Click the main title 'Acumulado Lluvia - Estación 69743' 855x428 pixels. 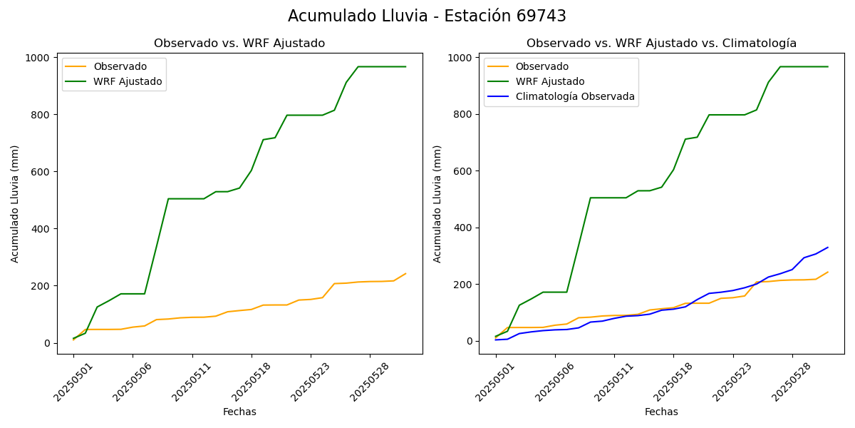click(427, 16)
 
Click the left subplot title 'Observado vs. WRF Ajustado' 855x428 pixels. click(239, 44)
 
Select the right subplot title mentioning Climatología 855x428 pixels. click(661, 44)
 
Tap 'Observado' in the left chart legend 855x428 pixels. click(120, 66)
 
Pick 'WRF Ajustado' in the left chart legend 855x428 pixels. click(128, 81)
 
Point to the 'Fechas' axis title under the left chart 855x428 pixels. click(239, 412)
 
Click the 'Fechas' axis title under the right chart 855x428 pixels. click(661, 412)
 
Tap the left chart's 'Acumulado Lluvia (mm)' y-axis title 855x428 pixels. click(15, 203)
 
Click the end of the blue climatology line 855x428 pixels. click(828, 248)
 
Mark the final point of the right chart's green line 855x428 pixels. click(828, 66)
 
